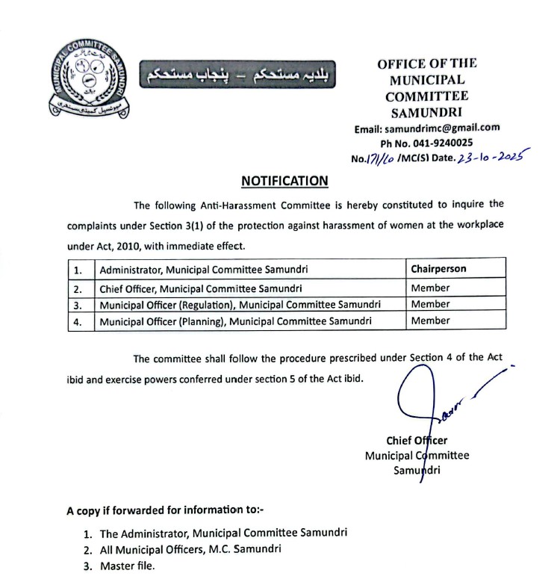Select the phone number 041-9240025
tap(445, 143)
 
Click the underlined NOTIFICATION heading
tap(284, 181)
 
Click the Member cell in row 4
tap(430, 321)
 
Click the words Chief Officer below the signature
tap(417, 441)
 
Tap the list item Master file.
tap(127, 566)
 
